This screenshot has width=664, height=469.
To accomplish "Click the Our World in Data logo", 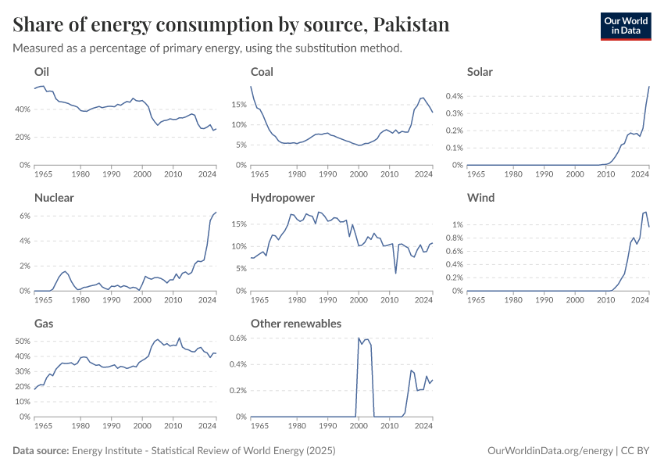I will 625,25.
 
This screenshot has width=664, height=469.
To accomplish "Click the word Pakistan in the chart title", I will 411,25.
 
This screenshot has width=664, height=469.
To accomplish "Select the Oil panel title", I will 41,72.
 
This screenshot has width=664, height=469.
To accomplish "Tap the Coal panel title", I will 262,72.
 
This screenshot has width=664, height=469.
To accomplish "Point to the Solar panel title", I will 480,72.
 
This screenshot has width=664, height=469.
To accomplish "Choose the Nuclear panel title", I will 54,198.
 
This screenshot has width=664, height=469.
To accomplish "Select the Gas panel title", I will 43,323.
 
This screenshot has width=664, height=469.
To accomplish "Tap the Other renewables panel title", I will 295,323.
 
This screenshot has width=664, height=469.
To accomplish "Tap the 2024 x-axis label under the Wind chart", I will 640,300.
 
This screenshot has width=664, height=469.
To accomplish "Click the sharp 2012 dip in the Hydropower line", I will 396,273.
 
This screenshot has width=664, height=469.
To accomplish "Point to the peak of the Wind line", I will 645,212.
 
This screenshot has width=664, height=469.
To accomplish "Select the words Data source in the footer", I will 41,451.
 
